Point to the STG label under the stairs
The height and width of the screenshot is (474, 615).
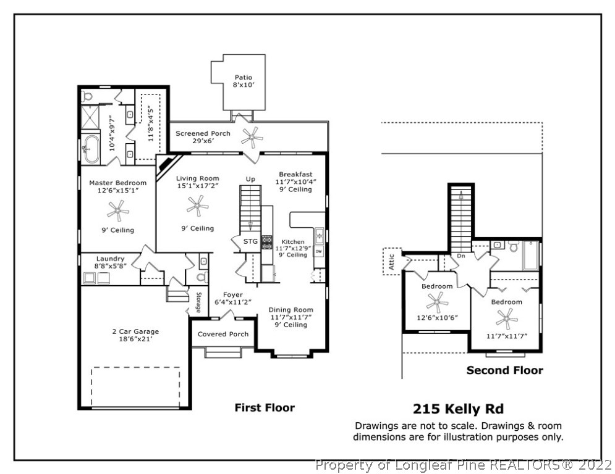pos(250,241)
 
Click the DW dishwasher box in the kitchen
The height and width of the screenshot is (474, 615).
pos(319,252)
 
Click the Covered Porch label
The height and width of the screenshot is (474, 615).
pos(223,335)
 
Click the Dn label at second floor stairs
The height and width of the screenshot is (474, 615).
pos(460,256)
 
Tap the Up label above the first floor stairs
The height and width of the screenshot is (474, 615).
pos(250,179)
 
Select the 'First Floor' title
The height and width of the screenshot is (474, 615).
pos(264,407)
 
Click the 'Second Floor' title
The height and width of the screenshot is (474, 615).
pos(504,370)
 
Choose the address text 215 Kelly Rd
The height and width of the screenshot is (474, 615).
pos(457,409)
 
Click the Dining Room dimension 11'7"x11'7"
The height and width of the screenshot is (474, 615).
pos(291,317)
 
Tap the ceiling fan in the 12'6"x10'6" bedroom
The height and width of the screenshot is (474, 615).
pos(437,302)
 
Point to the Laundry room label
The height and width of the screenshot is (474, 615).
pos(110,259)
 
